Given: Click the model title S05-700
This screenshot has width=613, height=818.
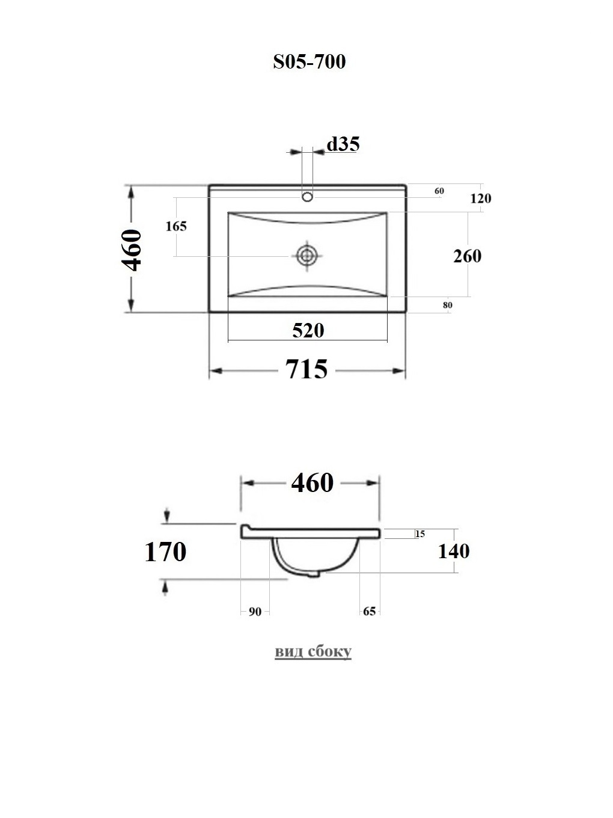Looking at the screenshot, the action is pos(310,61).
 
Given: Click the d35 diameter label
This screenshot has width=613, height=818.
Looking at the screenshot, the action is pos(343,144).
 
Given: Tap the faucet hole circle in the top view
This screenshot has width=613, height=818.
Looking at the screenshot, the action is pos(307,197).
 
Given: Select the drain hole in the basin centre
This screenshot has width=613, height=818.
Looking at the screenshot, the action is pos(307,256).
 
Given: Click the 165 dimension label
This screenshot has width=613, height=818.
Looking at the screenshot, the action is pos(176,226).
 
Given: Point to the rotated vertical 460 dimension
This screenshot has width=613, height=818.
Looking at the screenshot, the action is pos(132,250).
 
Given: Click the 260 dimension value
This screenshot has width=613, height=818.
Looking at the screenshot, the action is pos(468,256).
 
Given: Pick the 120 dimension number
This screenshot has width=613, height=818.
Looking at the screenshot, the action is pos(481,198).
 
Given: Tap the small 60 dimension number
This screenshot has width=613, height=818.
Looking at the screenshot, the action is pos(439,191).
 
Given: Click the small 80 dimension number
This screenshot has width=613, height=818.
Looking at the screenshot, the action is pos(447,305).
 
